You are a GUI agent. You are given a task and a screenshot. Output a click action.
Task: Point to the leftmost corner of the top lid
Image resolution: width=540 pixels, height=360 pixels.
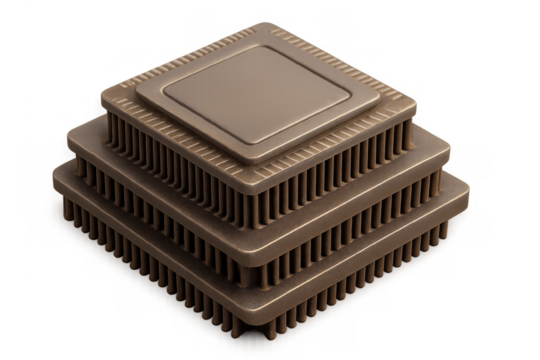[137, 93]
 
